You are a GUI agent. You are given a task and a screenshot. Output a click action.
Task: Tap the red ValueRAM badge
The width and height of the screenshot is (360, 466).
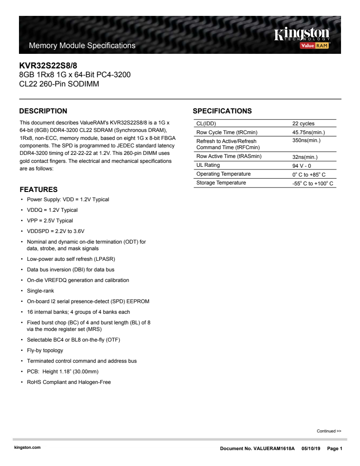(315, 45)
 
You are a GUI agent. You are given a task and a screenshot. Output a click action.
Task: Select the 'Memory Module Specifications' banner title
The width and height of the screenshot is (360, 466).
(82, 45)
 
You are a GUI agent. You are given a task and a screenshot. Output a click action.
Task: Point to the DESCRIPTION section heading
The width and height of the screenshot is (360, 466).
(44, 111)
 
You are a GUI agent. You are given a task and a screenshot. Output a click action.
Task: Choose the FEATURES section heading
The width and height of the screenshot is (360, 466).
(39, 190)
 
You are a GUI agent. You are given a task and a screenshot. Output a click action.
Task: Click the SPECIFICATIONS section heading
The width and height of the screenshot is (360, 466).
(222, 111)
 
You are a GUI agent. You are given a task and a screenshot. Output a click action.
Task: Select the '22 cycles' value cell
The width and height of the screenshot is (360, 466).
(304, 124)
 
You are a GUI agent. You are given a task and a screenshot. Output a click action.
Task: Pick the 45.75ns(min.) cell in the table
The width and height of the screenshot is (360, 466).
(308, 132)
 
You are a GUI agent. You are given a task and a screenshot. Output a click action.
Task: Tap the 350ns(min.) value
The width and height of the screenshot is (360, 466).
(306, 140)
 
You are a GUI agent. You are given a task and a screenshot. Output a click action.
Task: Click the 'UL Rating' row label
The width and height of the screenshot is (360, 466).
(208, 165)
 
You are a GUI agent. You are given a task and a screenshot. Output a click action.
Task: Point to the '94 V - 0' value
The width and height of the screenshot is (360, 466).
(302, 166)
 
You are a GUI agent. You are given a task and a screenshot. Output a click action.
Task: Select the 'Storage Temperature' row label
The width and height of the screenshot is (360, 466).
(221, 183)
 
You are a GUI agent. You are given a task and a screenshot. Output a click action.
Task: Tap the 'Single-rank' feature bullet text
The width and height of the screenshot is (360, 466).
(40, 291)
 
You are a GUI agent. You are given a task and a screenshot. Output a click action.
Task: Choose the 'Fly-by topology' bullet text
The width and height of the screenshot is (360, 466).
(45, 350)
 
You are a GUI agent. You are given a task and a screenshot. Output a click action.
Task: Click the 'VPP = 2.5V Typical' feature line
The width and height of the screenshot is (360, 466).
(50, 221)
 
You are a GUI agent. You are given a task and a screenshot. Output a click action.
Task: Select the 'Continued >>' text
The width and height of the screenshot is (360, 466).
(329, 431)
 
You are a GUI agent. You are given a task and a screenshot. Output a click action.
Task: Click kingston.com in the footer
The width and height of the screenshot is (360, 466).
(27, 447)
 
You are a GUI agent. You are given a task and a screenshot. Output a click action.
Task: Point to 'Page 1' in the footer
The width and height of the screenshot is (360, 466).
(335, 448)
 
